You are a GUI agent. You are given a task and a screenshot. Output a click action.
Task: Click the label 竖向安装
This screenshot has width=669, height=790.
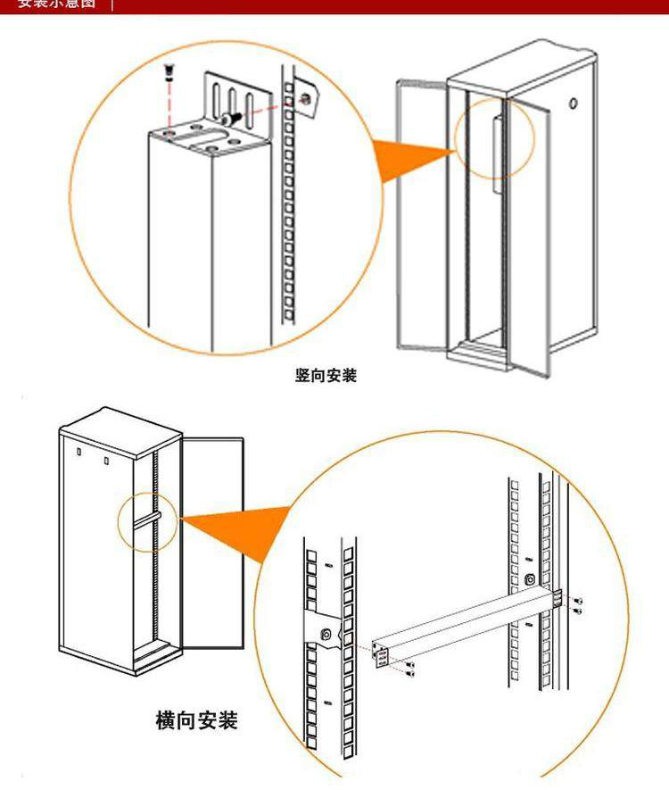click(x=326, y=376)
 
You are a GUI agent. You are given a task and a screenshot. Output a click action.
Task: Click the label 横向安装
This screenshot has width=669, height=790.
click(x=196, y=719)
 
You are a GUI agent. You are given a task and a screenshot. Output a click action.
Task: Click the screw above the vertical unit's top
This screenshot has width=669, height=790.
click(x=167, y=71)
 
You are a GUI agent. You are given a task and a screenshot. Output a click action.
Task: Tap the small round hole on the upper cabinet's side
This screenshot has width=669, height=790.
click(x=572, y=104)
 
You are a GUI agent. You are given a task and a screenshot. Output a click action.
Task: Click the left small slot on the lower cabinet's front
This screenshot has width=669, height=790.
click(x=78, y=455)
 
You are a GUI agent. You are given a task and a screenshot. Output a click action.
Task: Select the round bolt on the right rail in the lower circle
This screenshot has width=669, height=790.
click(x=532, y=579)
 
